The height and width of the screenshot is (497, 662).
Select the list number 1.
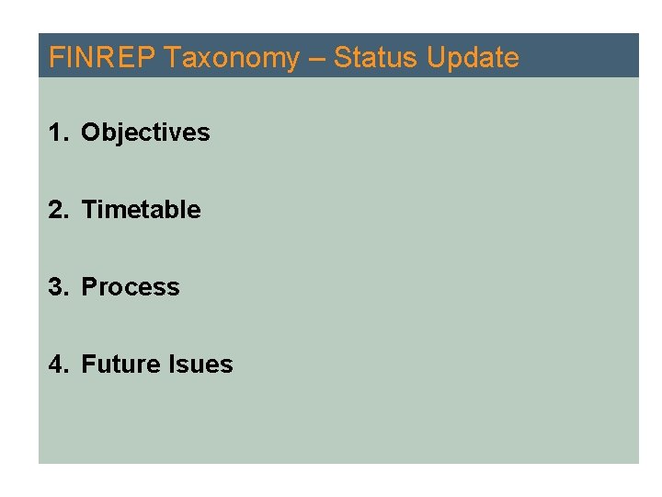(x=56, y=133)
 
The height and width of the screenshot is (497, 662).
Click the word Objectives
(x=145, y=133)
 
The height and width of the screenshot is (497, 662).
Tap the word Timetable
(x=141, y=210)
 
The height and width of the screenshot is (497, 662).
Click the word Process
(x=131, y=287)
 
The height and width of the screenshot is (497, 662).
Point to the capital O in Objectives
(x=90, y=133)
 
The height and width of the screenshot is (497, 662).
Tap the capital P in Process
(x=89, y=287)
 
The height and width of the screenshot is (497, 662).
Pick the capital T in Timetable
(x=89, y=210)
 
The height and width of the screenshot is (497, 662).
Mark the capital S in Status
(x=341, y=58)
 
